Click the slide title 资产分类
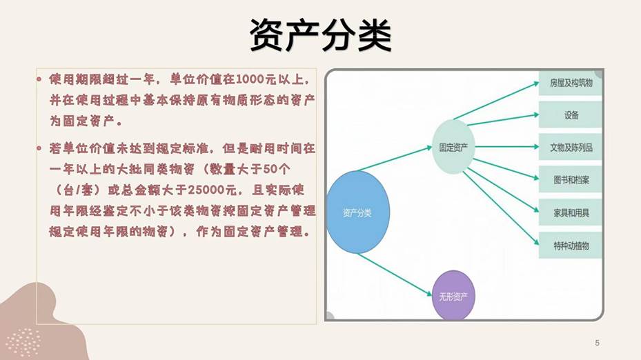coord(320,34)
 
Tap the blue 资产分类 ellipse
coord(357,211)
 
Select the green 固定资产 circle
coord(453,147)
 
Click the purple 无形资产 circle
coord(453,296)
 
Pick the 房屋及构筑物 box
coord(571,84)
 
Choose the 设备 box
coord(571,115)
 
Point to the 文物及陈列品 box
coord(571,148)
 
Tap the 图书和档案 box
coord(571,180)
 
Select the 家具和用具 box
coord(571,213)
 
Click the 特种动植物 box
coord(571,246)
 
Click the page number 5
coord(597,343)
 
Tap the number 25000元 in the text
coord(211,189)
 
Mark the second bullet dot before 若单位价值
coord(40,148)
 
